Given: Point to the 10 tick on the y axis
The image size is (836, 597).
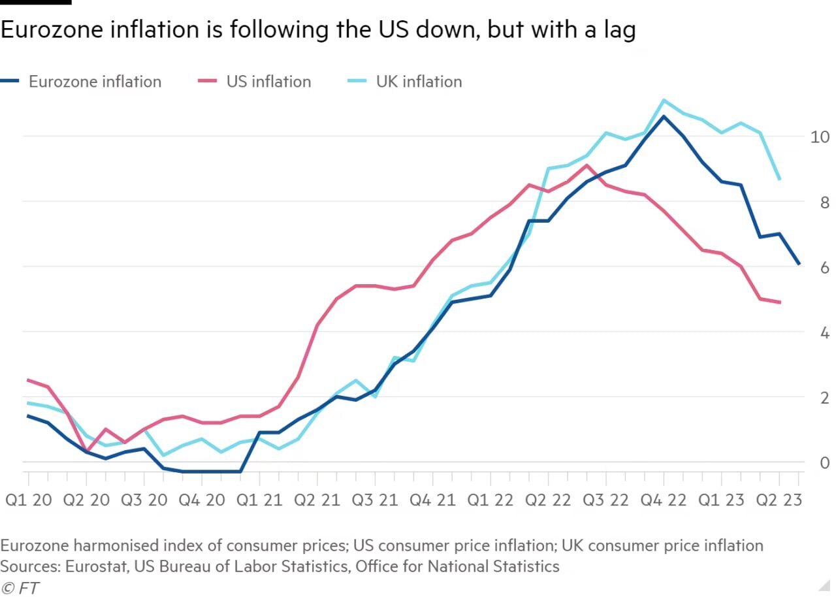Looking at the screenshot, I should coord(820,137).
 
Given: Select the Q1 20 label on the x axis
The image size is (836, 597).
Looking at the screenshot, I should coord(29,501).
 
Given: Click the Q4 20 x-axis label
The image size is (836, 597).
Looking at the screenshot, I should coord(202,501).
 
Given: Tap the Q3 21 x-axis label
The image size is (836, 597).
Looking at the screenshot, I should coord(375,501).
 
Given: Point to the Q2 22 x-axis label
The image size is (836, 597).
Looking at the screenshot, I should coord(549,501).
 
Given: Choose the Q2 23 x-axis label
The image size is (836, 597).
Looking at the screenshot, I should coord(779,501).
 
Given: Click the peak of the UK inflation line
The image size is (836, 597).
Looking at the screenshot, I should coord(664,100).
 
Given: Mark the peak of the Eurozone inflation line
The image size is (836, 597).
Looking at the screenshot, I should coord(664,117).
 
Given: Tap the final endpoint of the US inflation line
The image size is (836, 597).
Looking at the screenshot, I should coord(780,302).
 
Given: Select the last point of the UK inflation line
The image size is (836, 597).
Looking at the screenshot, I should coord(780,179).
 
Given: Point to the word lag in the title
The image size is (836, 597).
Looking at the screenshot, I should coord(619,31).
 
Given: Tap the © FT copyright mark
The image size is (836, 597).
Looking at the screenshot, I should coord(20,588).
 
